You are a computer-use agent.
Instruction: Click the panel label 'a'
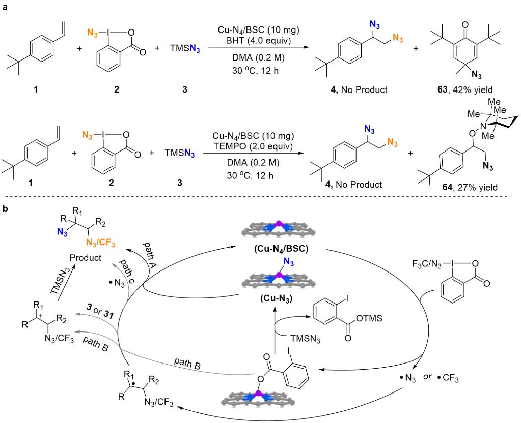(x=5, y=6)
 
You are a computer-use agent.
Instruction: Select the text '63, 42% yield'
(x=460, y=90)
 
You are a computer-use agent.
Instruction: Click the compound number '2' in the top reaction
(x=119, y=90)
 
